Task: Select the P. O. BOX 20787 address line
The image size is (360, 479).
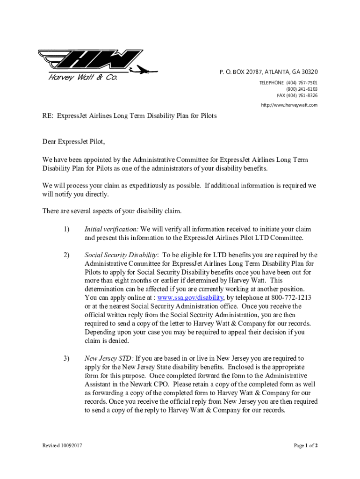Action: click(x=268, y=72)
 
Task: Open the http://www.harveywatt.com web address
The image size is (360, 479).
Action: click(x=289, y=105)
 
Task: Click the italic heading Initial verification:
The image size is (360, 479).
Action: click(x=111, y=229)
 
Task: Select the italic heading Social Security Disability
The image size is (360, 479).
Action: click(x=121, y=255)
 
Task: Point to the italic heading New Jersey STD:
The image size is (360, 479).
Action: click(x=109, y=359)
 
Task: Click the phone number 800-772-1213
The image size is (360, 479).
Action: click(x=291, y=298)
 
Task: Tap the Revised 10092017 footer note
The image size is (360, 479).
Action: click(x=61, y=446)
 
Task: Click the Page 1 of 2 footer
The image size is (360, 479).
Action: click(x=306, y=446)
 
